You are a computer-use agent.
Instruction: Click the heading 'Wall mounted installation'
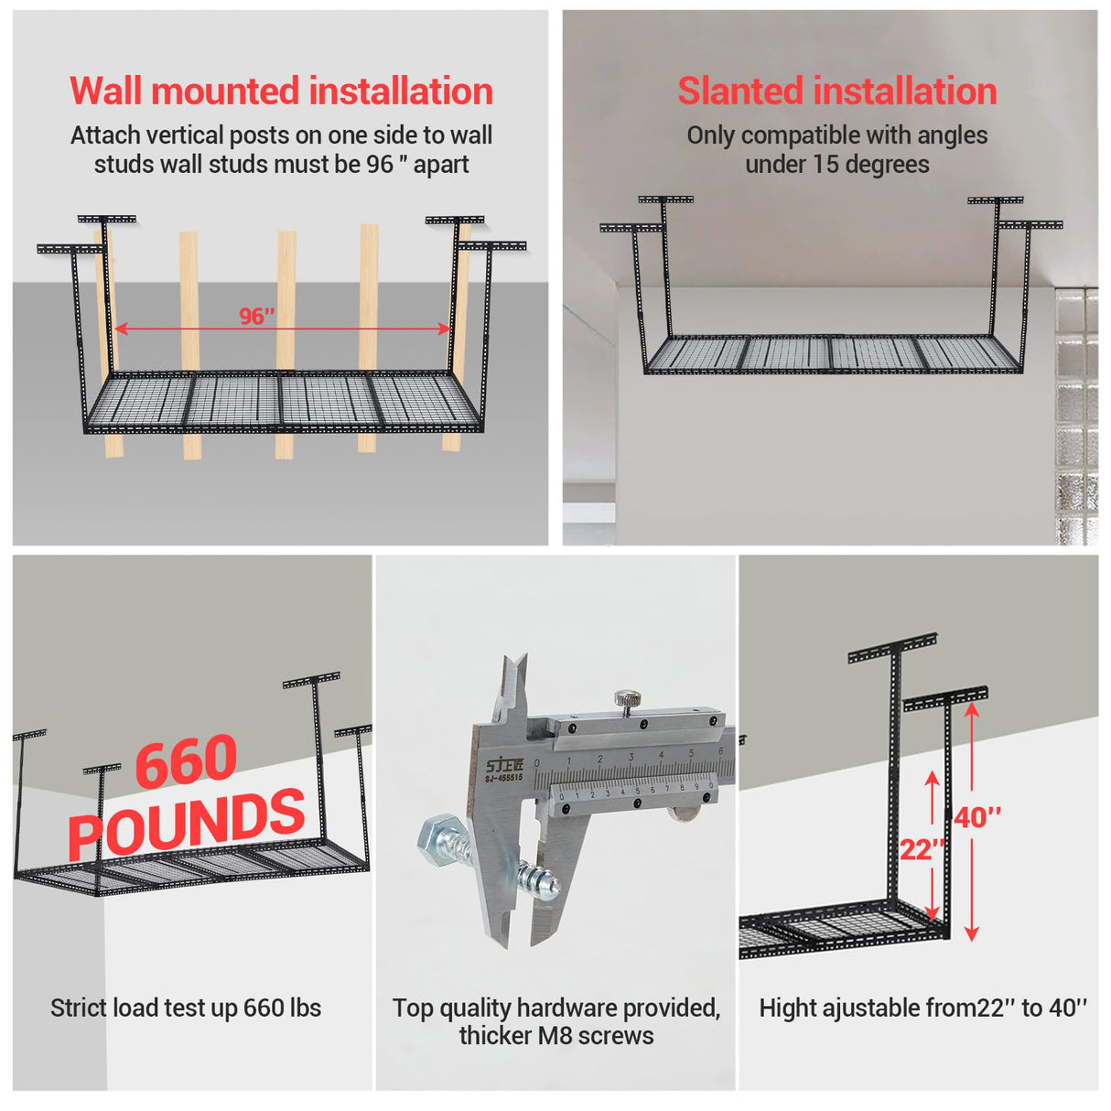click(x=281, y=91)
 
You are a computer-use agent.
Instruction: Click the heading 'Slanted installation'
click(x=836, y=91)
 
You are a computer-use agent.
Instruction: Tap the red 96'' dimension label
click(x=257, y=316)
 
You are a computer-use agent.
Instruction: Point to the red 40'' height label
click(x=977, y=816)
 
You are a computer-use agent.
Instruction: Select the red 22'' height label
click(x=921, y=849)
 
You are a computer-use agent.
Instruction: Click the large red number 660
click(x=187, y=761)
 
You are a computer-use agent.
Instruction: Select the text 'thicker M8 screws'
click(x=556, y=1036)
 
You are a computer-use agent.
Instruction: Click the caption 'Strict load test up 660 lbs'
click(x=186, y=1008)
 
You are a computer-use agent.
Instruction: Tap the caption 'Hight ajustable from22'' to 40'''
click(x=922, y=1008)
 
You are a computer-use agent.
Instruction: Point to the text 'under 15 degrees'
click(x=836, y=165)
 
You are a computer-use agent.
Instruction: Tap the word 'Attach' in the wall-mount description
click(x=102, y=135)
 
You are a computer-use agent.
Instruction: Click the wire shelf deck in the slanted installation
click(x=833, y=352)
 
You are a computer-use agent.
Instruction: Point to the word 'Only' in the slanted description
click(x=711, y=135)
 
